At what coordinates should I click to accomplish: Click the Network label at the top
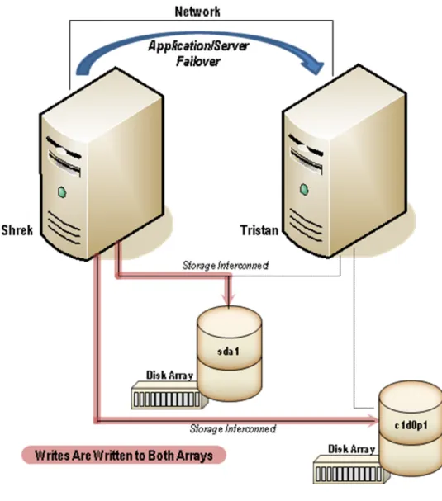pos(197,12)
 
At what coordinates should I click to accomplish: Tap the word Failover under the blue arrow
pos(198,61)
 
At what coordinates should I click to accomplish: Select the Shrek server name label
pos(17,230)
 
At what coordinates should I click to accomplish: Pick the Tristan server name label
pos(259,230)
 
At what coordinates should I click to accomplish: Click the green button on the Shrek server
pos(62,192)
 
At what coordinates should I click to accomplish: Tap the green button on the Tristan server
pos(304,190)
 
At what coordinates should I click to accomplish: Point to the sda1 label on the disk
pos(228,352)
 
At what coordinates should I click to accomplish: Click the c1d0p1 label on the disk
pos(411,425)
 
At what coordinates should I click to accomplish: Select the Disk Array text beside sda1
pos(169,375)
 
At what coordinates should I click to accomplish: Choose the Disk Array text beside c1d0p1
pos(351,449)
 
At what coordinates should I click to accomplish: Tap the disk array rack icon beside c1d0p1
pos(350,470)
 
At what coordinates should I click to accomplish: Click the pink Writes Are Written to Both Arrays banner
pos(124,455)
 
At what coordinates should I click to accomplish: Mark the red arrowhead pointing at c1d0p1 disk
pos(373,421)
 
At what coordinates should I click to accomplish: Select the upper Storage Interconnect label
pos(226,266)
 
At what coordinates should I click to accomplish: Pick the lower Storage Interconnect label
pos(233,429)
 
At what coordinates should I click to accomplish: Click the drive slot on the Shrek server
pos(64,157)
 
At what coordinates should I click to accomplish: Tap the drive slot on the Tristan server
pos(306,154)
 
